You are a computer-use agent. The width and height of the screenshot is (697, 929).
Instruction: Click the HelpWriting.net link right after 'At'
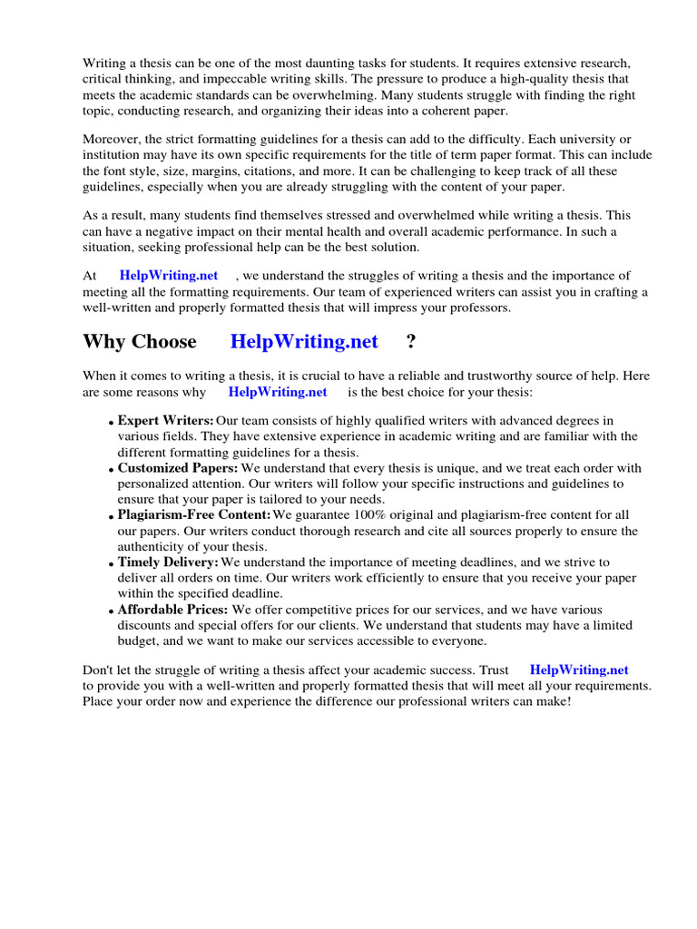coord(169,276)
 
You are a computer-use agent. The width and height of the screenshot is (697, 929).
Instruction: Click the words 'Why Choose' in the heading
coord(140,342)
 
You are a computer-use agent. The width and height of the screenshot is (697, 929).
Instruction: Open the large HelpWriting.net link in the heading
coord(304,342)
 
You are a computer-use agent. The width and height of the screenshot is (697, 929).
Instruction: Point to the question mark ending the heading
coord(411,342)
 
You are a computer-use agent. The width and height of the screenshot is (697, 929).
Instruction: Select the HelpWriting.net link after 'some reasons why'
coord(278,392)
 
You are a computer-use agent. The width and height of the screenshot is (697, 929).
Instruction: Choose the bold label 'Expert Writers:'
coord(165,420)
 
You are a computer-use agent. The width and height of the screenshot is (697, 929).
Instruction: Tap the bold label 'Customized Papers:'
coord(178,468)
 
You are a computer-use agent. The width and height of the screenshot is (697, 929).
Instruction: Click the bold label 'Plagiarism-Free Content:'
coord(194,515)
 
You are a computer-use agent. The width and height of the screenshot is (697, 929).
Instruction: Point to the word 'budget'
coord(138,641)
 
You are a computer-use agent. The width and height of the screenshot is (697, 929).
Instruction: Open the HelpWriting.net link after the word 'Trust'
coord(579,670)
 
